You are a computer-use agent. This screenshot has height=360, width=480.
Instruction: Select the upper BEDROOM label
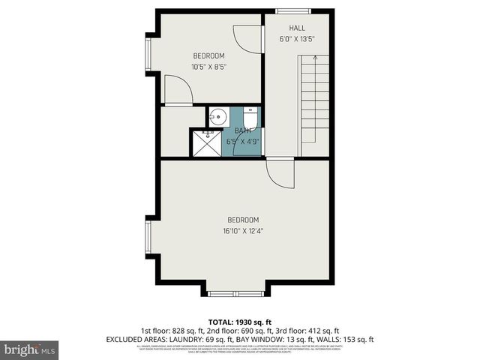click(x=208, y=55)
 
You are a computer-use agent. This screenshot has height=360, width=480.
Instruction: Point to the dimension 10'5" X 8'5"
click(x=208, y=67)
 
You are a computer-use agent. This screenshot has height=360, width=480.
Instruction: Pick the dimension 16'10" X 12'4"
click(x=242, y=231)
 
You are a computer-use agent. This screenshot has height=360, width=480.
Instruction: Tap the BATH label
click(x=241, y=130)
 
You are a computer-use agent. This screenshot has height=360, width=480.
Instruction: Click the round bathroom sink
click(x=217, y=117)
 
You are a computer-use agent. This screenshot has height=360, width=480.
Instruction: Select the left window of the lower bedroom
click(x=148, y=236)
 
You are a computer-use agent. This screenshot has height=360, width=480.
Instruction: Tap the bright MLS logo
click(x=30, y=349)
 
